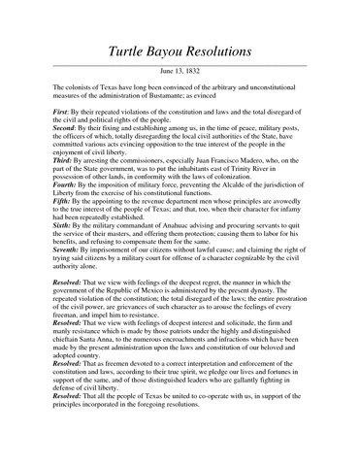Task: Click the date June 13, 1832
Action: coord(180,72)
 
